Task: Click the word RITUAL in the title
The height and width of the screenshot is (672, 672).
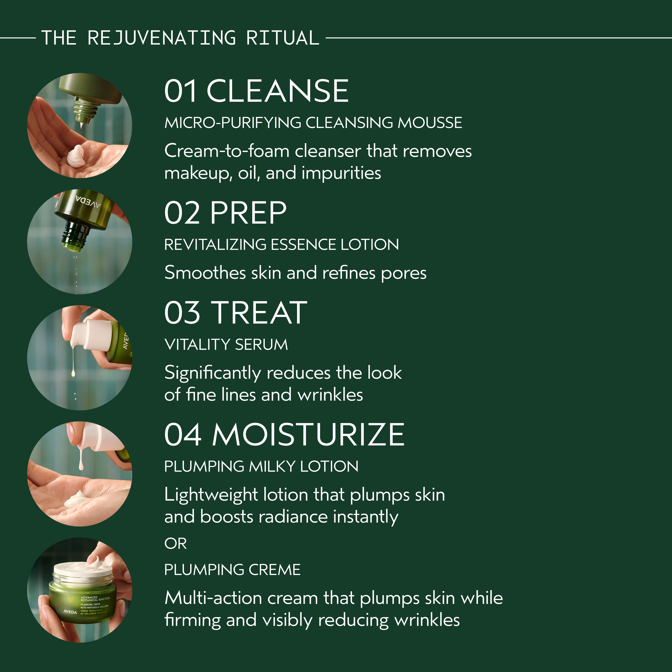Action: tap(282, 38)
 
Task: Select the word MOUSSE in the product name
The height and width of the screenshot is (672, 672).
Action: tap(430, 123)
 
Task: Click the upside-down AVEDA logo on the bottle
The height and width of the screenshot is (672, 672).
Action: tap(88, 201)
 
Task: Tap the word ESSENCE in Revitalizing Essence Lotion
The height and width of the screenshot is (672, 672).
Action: tap(303, 245)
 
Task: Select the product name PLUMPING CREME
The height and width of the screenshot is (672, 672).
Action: tap(232, 569)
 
